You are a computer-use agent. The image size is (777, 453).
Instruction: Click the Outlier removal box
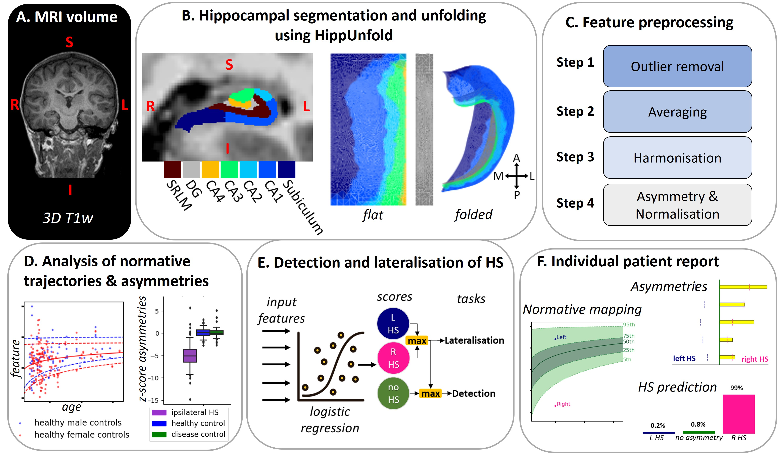[x=677, y=66]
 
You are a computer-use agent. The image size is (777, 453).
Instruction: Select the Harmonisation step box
[x=677, y=157]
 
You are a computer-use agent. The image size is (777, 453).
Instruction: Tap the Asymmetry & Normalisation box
[x=677, y=205]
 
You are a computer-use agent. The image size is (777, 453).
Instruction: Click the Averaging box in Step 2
[x=677, y=112]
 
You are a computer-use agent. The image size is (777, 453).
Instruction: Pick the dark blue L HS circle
[x=393, y=323]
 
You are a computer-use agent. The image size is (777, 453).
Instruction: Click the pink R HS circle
[x=393, y=358]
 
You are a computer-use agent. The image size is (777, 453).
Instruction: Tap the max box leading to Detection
[x=430, y=394]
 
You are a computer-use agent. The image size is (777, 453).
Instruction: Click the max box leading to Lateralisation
[x=417, y=341]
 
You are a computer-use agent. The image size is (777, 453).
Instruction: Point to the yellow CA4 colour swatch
[x=210, y=169]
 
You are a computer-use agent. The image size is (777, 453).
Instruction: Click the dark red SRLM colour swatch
[x=172, y=169]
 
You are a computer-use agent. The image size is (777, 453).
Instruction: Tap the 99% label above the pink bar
[x=736, y=388]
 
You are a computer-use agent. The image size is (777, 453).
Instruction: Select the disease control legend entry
[x=198, y=434]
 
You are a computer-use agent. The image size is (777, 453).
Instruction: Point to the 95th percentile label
[x=629, y=324]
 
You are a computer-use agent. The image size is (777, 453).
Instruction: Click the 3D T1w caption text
[x=68, y=218]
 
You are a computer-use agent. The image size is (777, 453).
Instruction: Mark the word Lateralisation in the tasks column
[x=474, y=341]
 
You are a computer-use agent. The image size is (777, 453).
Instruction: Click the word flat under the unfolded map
[x=373, y=215]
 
